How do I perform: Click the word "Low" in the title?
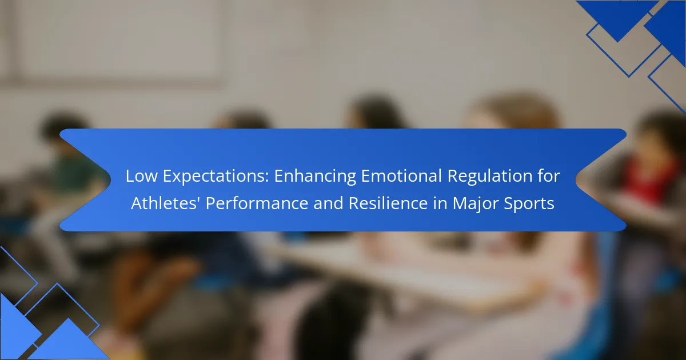(x=141, y=176)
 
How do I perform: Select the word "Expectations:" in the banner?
(x=216, y=177)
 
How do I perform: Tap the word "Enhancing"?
(x=315, y=177)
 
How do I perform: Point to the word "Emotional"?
(x=401, y=176)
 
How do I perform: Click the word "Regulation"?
(x=490, y=177)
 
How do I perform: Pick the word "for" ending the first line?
(x=549, y=176)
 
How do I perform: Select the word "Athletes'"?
(x=165, y=203)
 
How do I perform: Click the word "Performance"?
(x=257, y=203)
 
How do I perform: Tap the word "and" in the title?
(x=328, y=203)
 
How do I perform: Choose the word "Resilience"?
(x=388, y=203)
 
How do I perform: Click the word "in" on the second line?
(x=440, y=203)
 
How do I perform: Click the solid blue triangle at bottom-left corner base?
(x=68, y=340)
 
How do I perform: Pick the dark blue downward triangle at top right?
(x=617, y=18)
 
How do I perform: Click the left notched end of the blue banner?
(x=84, y=179)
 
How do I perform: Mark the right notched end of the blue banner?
(x=601, y=179)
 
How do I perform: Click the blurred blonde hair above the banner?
(x=514, y=113)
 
